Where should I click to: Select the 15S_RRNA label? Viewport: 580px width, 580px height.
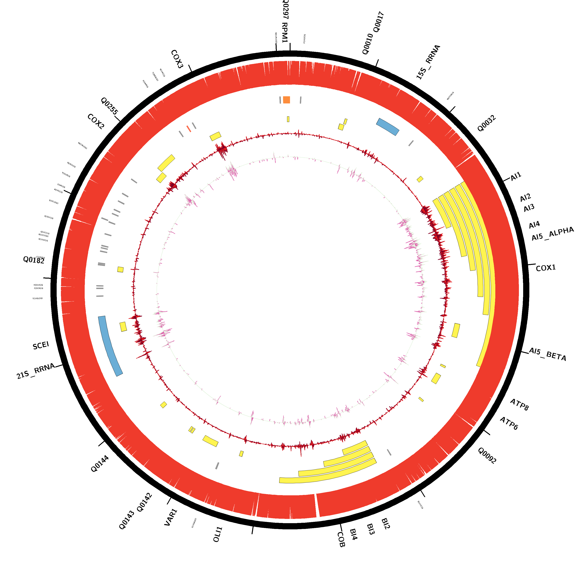click(x=428, y=62)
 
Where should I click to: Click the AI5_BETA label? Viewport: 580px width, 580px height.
click(x=547, y=354)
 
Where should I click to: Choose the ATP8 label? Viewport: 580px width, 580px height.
click(x=519, y=404)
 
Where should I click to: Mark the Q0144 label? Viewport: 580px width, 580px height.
click(x=100, y=464)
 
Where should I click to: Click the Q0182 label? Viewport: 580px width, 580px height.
click(x=34, y=260)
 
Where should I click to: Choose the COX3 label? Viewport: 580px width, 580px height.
click(x=177, y=59)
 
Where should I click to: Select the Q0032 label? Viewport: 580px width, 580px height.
click(x=486, y=123)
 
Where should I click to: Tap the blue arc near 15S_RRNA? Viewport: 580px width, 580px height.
click(x=388, y=126)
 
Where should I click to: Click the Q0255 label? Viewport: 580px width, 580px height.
click(x=109, y=106)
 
